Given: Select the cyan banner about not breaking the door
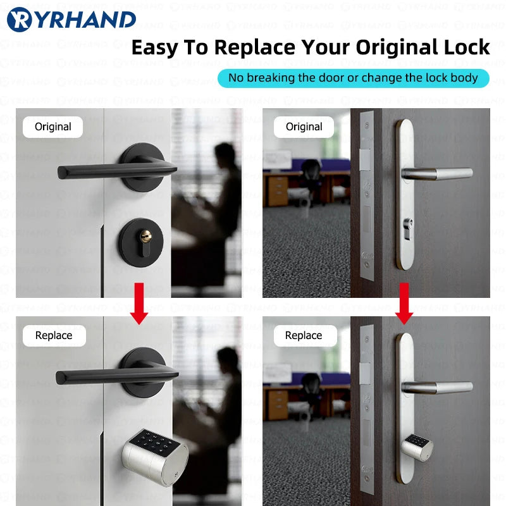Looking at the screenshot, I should (354, 78).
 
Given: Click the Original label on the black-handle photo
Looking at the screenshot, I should (53, 126).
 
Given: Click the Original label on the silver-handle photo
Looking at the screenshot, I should (304, 126).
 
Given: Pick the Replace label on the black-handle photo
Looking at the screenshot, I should (54, 335).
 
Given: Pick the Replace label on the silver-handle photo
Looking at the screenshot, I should (304, 335).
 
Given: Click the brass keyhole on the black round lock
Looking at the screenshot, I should (146, 238).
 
